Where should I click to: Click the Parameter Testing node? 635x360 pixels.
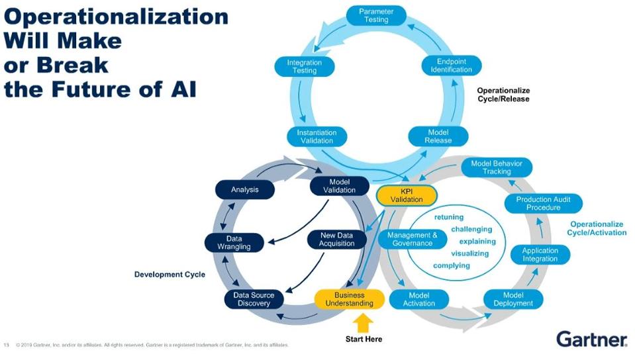[x=376, y=16]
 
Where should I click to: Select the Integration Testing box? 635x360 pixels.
[x=305, y=67]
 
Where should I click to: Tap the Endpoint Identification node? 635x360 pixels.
[x=451, y=66]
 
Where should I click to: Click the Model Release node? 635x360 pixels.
[x=438, y=136]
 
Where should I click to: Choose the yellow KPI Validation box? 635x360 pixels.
[x=407, y=195]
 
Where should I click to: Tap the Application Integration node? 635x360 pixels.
[x=540, y=255]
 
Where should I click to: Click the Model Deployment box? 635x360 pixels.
[x=513, y=299]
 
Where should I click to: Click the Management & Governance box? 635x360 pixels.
[x=413, y=239]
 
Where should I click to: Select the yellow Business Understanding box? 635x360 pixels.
[x=349, y=299]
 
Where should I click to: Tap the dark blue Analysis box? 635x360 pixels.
[x=244, y=190]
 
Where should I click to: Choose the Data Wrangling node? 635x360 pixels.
[x=234, y=243]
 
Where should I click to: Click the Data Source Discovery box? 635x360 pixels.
[x=254, y=299]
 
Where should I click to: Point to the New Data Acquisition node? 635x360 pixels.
[x=337, y=239]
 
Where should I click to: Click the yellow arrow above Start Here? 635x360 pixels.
[x=364, y=322]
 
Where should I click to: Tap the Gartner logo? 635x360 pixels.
[x=591, y=339]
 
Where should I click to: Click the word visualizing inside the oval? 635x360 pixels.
[x=469, y=253]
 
